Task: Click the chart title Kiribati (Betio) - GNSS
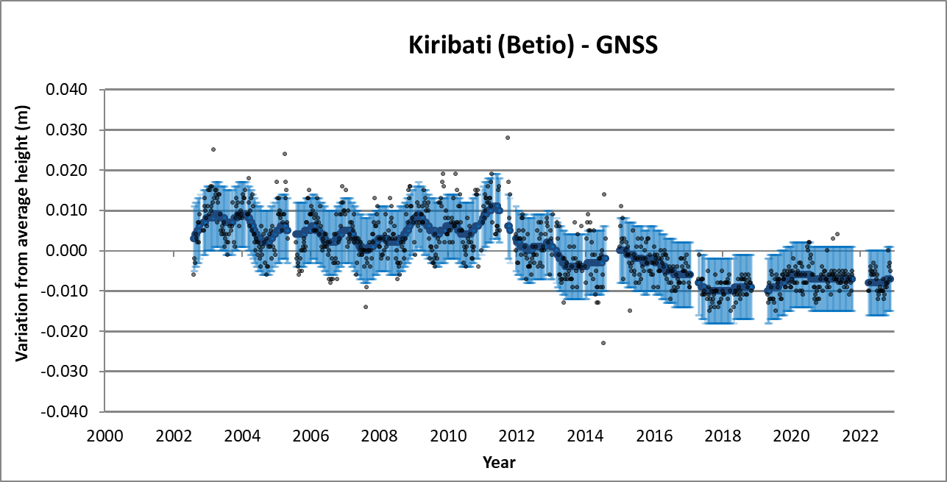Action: tap(533, 46)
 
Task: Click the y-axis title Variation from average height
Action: tap(23, 251)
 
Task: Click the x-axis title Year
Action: tap(499, 463)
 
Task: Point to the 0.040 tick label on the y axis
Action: tap(67, 90)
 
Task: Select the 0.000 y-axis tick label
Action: tap(67, 251)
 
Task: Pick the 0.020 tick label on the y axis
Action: tap(67, 171)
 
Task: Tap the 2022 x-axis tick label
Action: tap(860, 435)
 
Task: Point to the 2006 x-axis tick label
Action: tap(311, 435)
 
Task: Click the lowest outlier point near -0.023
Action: tap(603, 343)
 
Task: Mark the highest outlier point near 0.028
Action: tap(508, 138)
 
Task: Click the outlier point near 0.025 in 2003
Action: tap(213, 149)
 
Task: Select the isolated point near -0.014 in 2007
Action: tap(366, 307)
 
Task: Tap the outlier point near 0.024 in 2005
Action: tap(285, 154)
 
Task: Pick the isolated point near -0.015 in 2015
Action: tap(630, 311)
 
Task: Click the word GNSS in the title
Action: tap(625, 46)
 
